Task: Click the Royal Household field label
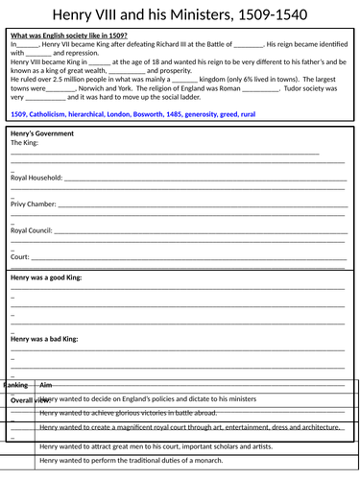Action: [36, 179]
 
